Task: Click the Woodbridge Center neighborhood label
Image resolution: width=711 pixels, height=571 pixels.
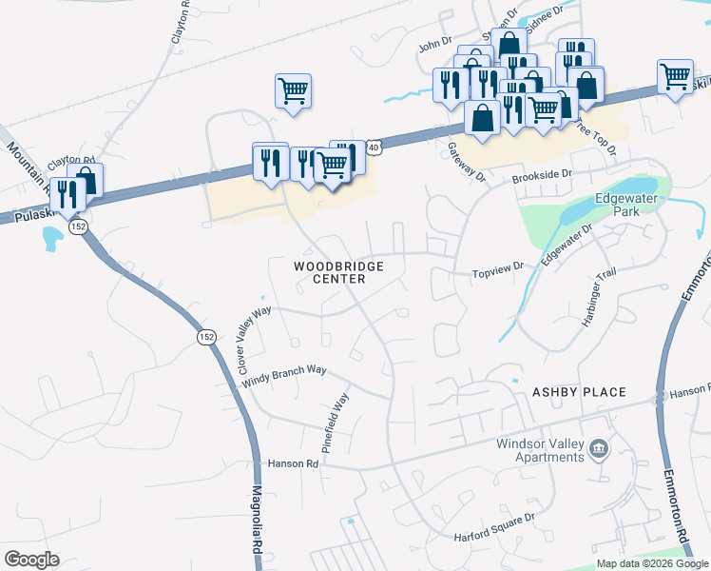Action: coord(329,272)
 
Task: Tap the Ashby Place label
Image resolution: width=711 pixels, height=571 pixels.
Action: coord(579,392)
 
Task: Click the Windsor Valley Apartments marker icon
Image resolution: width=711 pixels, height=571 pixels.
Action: coord(599,448)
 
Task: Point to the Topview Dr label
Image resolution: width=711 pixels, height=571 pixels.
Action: coord(498,272)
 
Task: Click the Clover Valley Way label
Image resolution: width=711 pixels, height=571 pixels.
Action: coord(254,338)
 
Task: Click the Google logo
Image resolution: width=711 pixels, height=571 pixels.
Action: coord(31,560)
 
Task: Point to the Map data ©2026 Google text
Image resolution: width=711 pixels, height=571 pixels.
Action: coord(652,563)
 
